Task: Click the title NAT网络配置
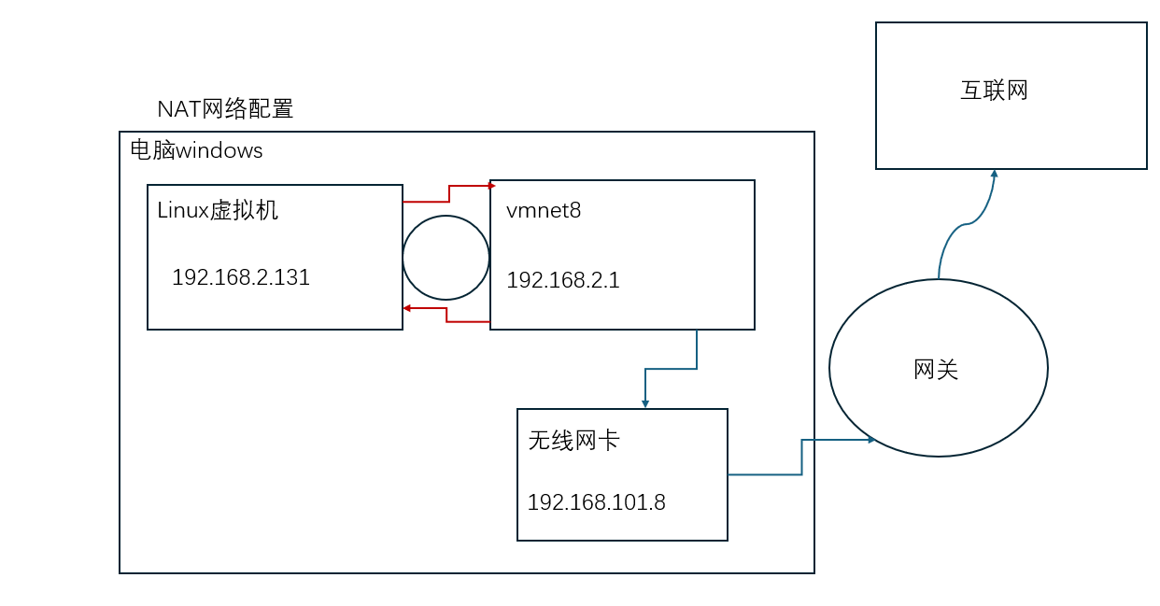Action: pos(225,109)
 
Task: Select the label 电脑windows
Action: pos(196,150)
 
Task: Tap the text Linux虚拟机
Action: pos(218,210)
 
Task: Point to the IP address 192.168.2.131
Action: pos(241,277)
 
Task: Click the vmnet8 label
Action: pos(544,211)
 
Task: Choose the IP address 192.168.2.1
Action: pos(563,280)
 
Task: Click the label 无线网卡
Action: pos(573,441)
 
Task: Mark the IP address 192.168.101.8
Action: pos(596,502)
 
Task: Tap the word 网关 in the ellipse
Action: pos(936,370)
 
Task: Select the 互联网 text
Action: pos(994,91)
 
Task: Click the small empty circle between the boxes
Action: pos(446,258)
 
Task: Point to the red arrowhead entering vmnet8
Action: pos(491,186)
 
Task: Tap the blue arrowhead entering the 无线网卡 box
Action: pos(645,403)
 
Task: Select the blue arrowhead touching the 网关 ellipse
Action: pos(870,440)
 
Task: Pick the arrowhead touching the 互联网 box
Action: pos(995,174)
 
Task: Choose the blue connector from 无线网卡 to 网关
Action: pos(801,458)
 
